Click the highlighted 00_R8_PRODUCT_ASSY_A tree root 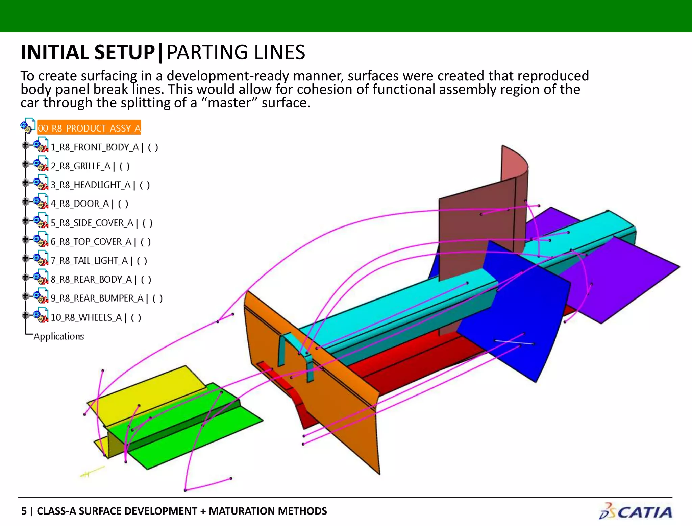click(89, 128)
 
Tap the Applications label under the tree click(59, 336)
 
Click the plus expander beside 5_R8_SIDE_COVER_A click(25, 221)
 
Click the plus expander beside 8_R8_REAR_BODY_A click(25, 278)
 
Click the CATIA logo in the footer click(636, 511)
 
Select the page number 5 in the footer click(24, 511)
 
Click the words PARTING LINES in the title click(236, 53)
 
